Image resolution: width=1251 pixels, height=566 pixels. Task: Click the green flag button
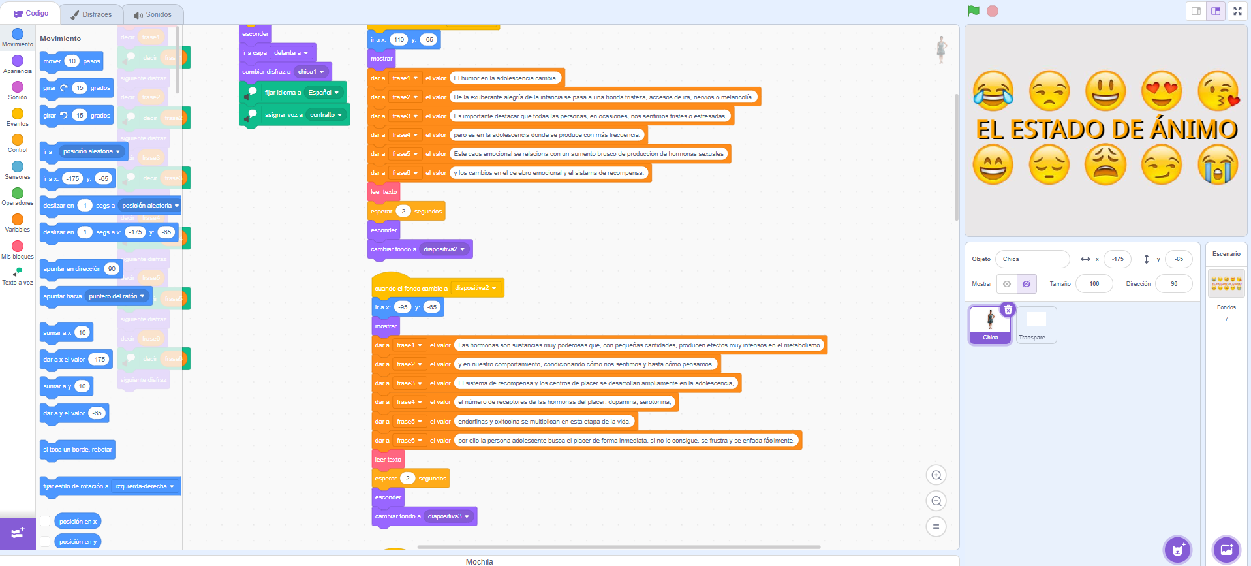coord(974,11)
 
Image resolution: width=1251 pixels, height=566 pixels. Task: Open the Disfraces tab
coord(91,14)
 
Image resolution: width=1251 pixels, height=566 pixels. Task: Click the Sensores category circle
coord(18,167)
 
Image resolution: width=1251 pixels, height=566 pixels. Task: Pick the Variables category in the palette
coord(18,220)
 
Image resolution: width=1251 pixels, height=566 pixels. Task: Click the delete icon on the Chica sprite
coord(1008,310)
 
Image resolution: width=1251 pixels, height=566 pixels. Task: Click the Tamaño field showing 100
coord(1094,284)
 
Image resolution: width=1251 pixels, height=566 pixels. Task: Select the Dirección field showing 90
coord(1173,284)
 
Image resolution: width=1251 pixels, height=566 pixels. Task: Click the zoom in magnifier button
coord(936,475)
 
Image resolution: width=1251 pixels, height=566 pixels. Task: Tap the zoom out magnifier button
coord(936,501)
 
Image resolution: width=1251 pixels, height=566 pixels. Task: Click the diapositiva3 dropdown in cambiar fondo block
coord(448,516)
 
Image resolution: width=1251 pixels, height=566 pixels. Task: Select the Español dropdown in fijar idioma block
coord(324,93)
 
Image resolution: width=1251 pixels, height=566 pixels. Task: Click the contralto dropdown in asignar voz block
coord(326,115)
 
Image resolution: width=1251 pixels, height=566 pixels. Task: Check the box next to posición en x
coord(45,521)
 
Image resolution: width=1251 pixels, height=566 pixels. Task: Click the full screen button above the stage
coord(1237,11)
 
